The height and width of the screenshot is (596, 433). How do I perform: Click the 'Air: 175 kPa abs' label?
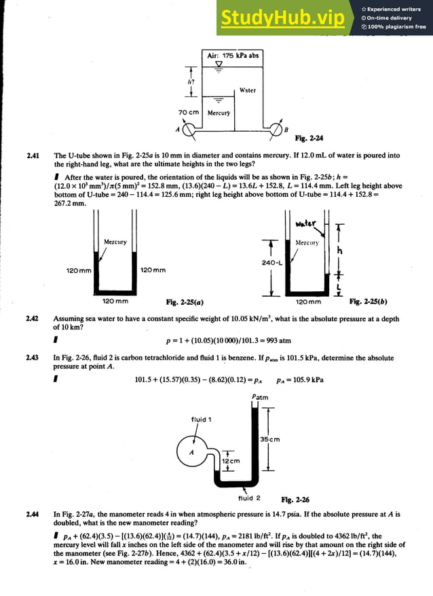pos(233,55)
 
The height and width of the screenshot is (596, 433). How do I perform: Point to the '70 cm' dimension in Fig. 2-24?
pos(187,112)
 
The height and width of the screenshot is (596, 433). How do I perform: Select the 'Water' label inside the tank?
pos(248,90)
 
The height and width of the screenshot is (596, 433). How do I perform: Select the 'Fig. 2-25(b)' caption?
pos(369,301)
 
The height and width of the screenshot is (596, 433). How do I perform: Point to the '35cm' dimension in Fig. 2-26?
pos(270,439)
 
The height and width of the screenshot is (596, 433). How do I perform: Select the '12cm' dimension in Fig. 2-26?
pos(231,461)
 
